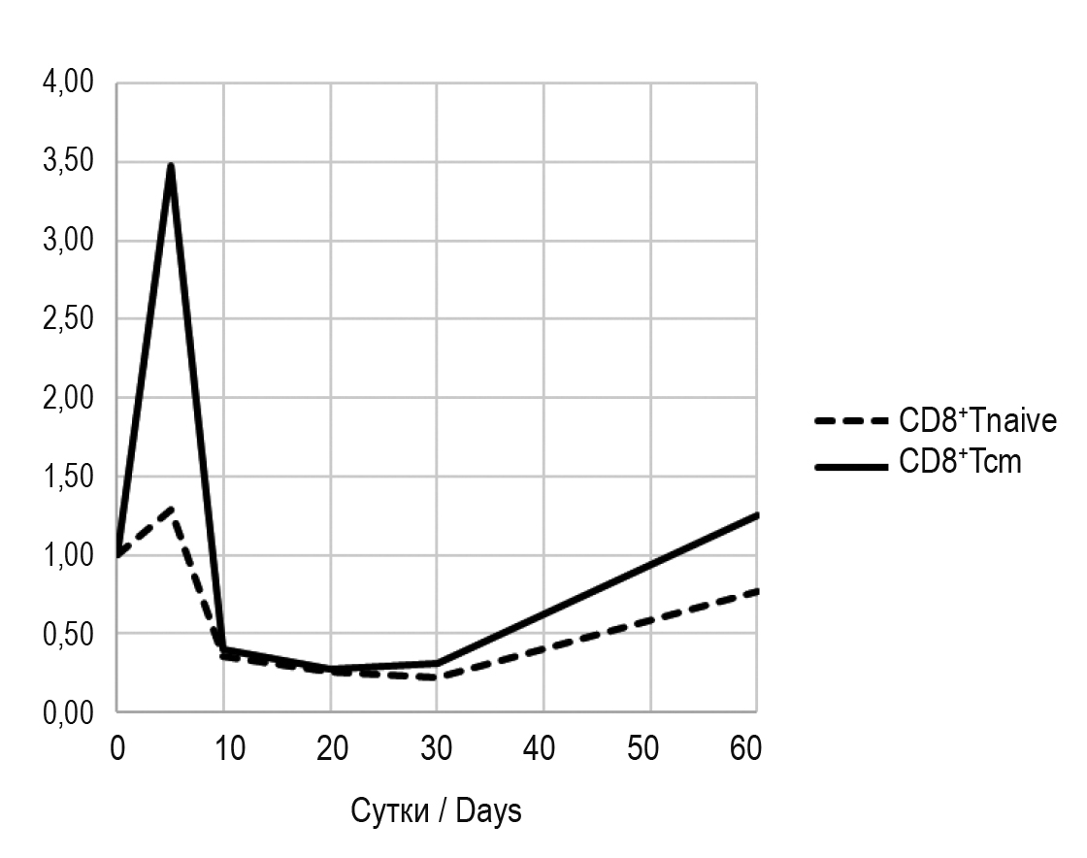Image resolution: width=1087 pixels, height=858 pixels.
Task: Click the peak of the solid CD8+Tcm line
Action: point(171,166)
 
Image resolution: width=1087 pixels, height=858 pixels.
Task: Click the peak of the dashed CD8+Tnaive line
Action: point(171,508)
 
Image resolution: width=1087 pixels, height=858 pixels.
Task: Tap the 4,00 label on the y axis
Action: point(68,83)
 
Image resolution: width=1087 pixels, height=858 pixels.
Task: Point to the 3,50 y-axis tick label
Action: point(68,162)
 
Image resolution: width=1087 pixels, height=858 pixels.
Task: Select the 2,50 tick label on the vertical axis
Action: point(68,319)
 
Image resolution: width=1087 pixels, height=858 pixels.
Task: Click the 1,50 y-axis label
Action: point(68,477)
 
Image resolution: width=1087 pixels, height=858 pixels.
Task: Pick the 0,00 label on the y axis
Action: point(68,712)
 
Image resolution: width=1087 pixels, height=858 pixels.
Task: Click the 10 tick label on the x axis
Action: point(224,748)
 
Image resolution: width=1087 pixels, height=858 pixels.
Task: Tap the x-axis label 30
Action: point(437,748)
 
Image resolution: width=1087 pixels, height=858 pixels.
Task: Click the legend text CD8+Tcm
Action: point(960,462)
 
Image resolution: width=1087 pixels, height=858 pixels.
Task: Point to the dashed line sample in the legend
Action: point(852,422)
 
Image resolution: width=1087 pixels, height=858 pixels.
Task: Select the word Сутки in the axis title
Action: point(388,810)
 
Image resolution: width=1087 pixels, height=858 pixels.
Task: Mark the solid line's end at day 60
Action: point(755,515)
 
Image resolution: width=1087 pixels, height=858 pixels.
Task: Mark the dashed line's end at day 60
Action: point(755,591)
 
